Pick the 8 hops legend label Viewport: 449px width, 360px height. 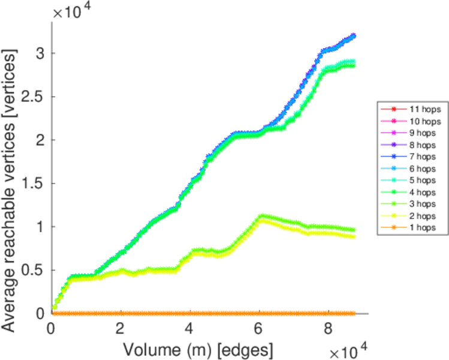pyautogui.click(x=418, y=145)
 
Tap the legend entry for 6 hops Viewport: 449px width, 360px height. pyautogui.click(x=418, y=169)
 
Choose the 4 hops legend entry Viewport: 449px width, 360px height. pyautogui.click(x=418, y=193)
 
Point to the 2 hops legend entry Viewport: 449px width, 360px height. pyautogui.click(x=418, y=216)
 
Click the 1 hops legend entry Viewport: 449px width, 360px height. pyautogui.click(x=418, y=228)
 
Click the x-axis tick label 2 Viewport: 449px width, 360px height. pyautogui.click(x=121, y=328)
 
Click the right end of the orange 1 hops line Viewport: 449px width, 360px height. pyautogui.click(x=355, y=313)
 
